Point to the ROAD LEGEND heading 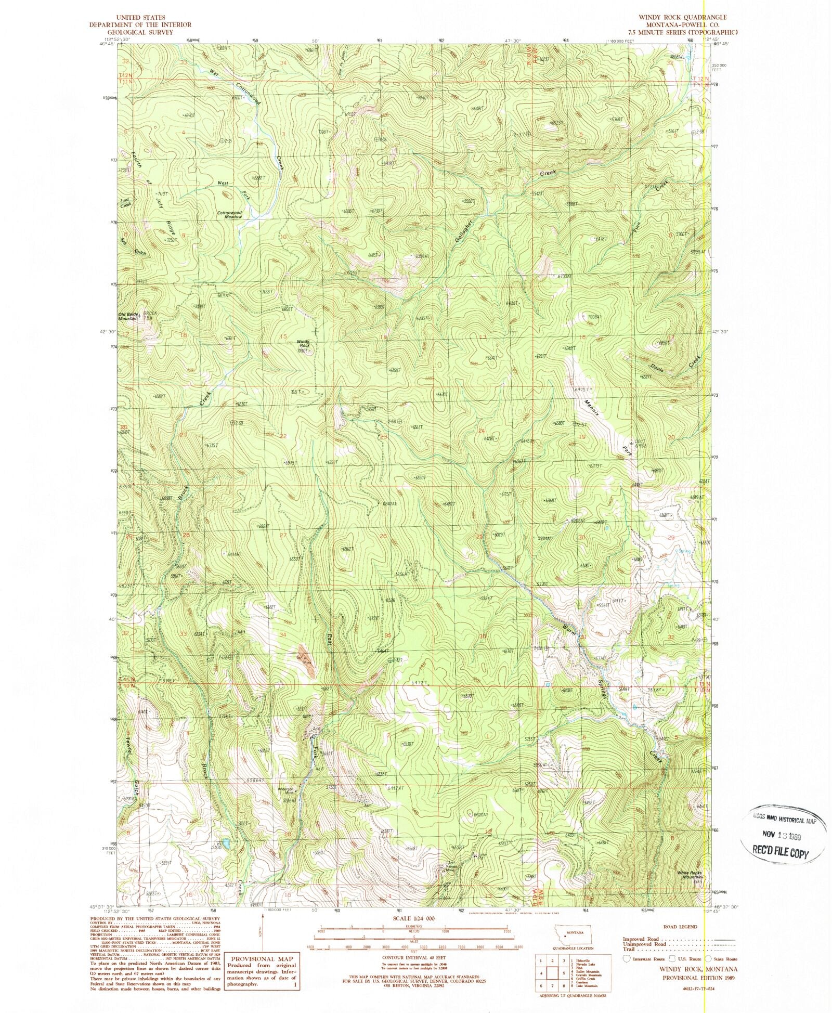point(680,927)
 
